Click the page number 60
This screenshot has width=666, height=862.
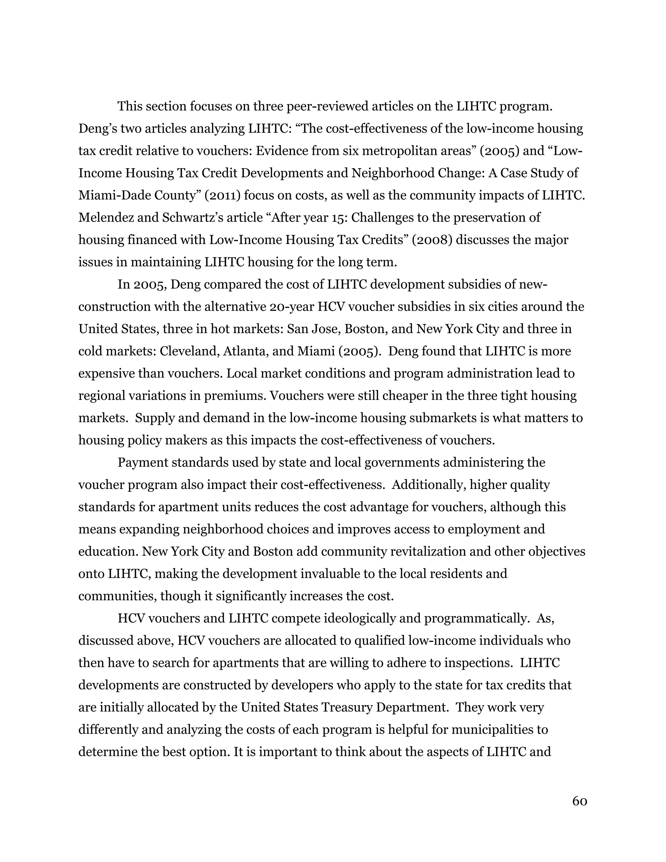579,801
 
